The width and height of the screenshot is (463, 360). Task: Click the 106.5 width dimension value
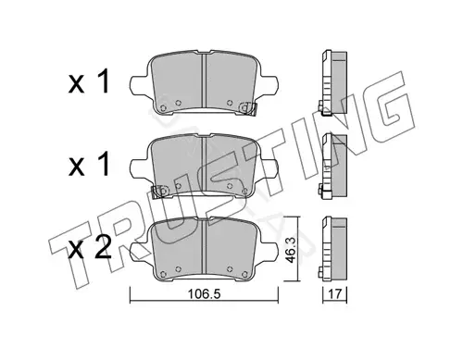[x=204, y=294]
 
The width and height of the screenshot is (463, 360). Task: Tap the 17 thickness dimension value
[x=335, y=294]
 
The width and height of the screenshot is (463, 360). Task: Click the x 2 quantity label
[x=90, y=249]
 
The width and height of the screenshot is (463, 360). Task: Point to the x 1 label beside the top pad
[x=89, y=81]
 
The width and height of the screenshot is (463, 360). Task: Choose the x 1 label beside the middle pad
[x=89, y=165]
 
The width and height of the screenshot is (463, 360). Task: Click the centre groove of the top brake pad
[x=204, y=81]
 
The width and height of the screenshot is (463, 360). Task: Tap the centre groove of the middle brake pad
[x=204, y=165]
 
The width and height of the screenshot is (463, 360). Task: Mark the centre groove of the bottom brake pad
[x=204, y=247]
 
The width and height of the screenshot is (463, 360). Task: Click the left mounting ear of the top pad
[x=139, y=85]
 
